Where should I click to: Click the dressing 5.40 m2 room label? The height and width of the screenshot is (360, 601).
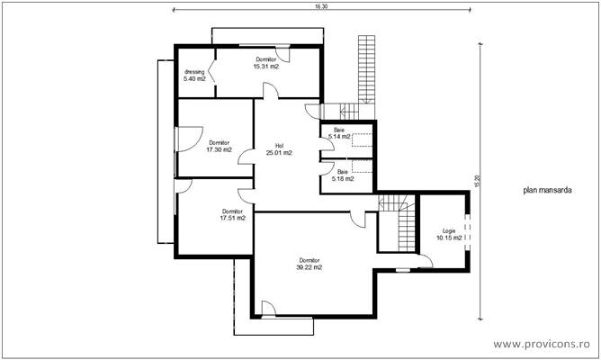coord(195,75)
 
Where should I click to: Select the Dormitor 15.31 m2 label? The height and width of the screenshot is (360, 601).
coord(265,63)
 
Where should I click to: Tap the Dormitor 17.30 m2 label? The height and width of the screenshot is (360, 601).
coord(220,147)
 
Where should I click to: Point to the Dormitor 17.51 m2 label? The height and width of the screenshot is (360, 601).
coord(233,214)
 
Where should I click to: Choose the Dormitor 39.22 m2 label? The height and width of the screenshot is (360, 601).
coord(309,263)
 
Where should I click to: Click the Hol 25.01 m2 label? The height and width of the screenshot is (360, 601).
coord(279,149)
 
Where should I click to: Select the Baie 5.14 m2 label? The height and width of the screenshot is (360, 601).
coord(339,133)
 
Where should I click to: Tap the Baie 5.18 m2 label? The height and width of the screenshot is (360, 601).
coord(342,175)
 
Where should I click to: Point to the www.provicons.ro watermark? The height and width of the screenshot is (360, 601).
coord(546,344)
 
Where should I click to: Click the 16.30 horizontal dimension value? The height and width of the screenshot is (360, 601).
coord(321,5)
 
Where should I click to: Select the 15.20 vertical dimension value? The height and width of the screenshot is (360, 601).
coord(478,181)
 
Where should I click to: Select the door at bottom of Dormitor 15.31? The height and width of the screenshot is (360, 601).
coord(270,91)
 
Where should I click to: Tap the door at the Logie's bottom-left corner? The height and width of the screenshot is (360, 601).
coord(426,261)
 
